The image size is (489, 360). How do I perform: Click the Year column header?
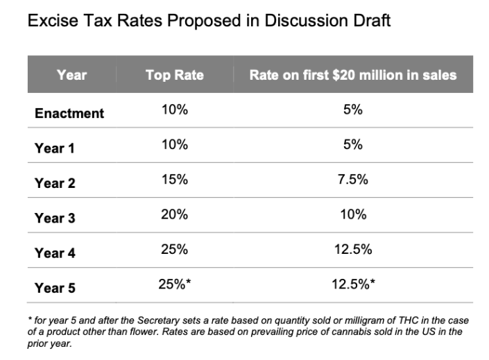tap(71, 75)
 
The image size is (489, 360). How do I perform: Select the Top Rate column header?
tap(174, 75)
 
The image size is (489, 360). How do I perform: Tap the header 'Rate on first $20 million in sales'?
tap(353, 75)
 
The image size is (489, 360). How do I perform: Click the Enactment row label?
tap(69, 113)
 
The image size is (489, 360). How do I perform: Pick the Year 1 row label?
tap(55, 148)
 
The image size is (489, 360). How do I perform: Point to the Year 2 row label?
tap(55, 183)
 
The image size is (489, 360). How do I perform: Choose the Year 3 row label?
tap(55, 218)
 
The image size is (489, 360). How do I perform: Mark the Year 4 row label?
tap(55, 253)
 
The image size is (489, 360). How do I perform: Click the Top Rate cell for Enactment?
tap(174, 111)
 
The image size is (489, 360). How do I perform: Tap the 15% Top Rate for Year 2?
tap(174, 180)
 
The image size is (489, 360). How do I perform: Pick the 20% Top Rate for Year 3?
tap(174, 215)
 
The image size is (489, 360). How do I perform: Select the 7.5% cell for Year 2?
tap(353, 180)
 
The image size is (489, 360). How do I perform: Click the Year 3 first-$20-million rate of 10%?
tap(353, 215)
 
